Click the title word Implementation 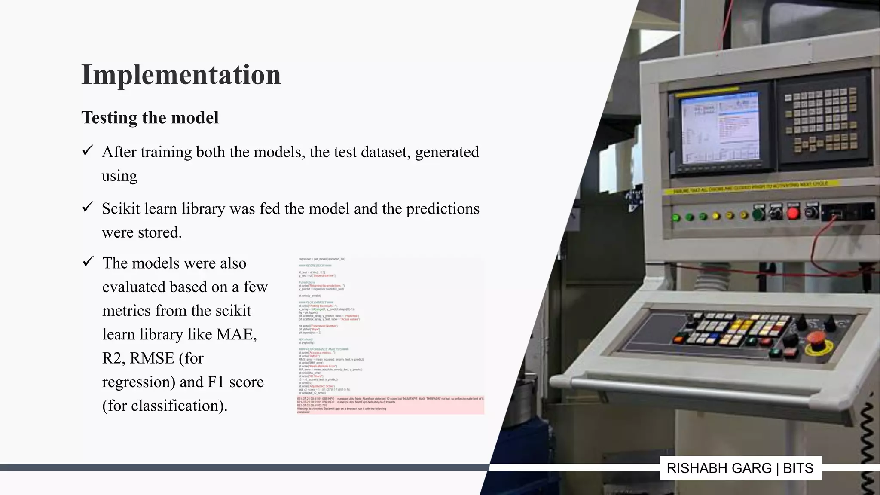tap(181, 75)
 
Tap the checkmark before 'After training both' tap(88, 150)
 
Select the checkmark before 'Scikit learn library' tap(88, 207)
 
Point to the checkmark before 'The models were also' tap(88, 261)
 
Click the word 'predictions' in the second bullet tap(443, 209)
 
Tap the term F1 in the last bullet tap(216, 382)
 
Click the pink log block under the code tap(390, 405)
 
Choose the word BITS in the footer tap(798, 468)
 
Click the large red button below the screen tap(793, 213)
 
